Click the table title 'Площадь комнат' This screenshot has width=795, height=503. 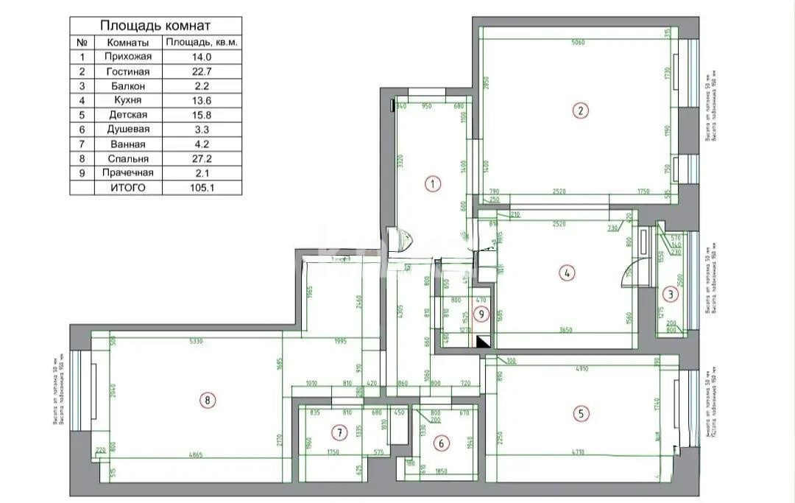[x=155, y=27]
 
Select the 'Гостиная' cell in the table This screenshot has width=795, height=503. [x=128, y=71]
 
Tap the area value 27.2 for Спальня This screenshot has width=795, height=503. [x=201, y=158]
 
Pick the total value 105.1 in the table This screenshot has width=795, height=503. [x=201, y=188]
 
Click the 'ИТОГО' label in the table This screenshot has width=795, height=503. [x=128, y=188]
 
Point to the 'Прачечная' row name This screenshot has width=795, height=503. [x=128, y=173]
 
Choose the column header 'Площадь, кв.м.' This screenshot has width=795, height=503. [x=201, y=43]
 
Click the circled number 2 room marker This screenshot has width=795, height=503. [x=580, y=111]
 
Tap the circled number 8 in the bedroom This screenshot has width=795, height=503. [x=208, y=401]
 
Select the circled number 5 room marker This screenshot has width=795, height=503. [x=581, y=413]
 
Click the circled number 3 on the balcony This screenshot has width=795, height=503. [x=670, y=294]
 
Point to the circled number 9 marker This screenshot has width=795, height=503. [x=481, y=314]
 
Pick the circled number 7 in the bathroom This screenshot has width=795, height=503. [x=339, y=432]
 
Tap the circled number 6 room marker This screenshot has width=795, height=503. [x=441, y=443]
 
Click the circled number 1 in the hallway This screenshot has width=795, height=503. [x=434, y=184]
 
